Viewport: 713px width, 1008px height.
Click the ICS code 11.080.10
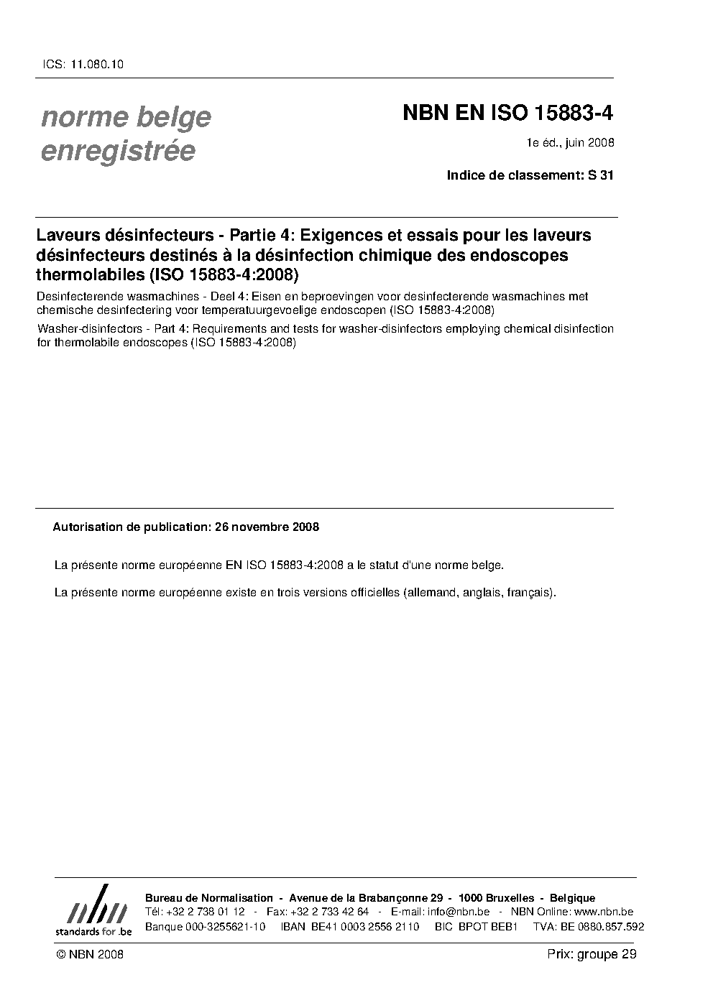tap(97, 64)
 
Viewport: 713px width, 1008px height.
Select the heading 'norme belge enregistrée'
tap(126, 134)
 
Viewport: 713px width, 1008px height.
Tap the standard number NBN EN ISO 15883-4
tap(507, 114)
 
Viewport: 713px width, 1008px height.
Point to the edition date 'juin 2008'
tap(589, 143)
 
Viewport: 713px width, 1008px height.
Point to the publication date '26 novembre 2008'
tap(267, 527)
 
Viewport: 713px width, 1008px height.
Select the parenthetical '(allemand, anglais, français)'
tap(479, 593)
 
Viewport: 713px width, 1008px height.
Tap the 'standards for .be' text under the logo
tap(93, 931)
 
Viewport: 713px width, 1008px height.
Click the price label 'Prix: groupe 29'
tap(592, 954)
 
